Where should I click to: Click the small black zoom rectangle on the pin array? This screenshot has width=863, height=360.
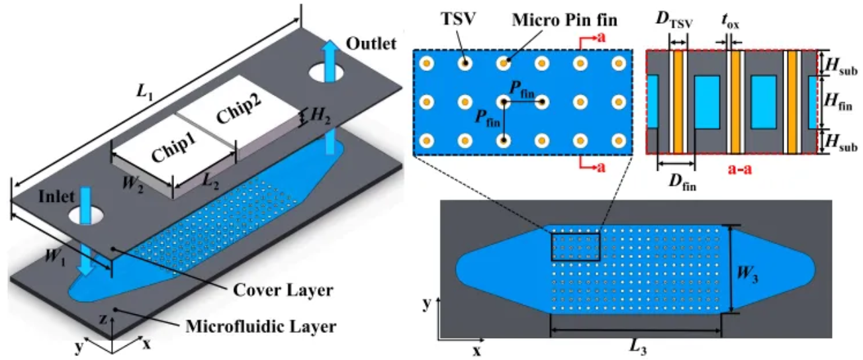tap(575, 247)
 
